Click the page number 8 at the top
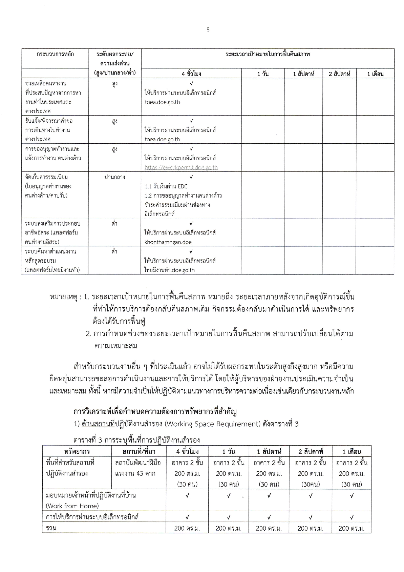click(208, 30)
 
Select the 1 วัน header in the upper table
click(262, 74)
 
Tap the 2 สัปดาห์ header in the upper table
click(339, 74)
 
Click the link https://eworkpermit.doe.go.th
click(181, 167)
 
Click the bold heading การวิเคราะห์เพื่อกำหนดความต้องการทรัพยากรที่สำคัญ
click(155, 412)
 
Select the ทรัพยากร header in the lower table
click(77, 451)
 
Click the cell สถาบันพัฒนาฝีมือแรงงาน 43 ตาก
click(138, 468)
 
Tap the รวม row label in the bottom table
click(51, 528)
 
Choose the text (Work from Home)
click(72, 506)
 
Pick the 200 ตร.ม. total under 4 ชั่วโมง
click(187, 528)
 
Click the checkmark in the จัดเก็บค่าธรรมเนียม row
click(191, 177)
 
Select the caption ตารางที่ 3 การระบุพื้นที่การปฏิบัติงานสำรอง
click(136, 440)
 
